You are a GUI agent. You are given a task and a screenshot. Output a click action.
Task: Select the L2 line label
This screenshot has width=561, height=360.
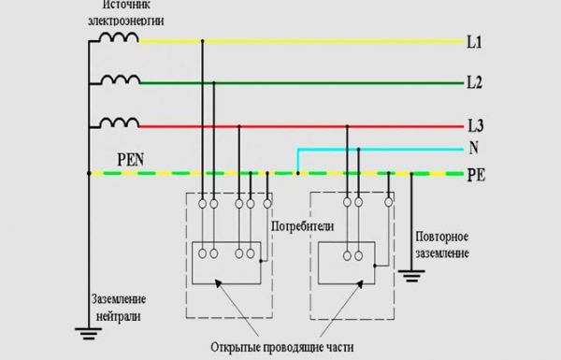(x=474, y=83)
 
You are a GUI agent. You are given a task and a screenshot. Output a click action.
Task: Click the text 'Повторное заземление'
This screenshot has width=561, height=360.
(x=439, y=245)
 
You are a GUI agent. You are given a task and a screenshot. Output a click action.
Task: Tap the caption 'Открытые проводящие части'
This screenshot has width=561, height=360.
(x=280, y=346)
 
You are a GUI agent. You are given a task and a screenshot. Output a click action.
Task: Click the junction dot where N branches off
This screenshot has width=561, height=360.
(x=297, y=173)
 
